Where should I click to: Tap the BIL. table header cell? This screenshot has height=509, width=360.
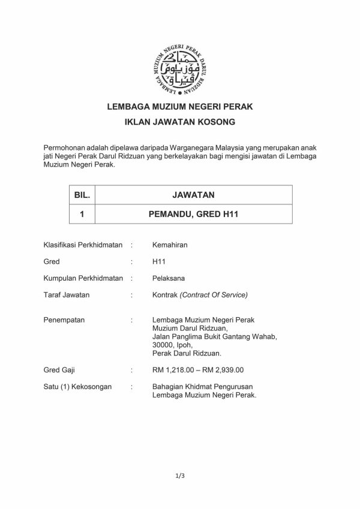click(80, 195)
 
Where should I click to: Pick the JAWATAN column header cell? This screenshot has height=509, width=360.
click(193, 195)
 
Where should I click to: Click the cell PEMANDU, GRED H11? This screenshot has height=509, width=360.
click(193, 213)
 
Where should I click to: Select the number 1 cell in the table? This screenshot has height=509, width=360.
click(80, 213)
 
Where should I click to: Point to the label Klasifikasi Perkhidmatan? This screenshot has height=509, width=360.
click(83, 245)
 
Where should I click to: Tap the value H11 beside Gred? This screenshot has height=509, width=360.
click(159, 262)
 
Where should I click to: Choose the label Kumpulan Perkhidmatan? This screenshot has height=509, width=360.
click(83, 278)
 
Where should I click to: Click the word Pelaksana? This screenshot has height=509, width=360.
click(170, 278)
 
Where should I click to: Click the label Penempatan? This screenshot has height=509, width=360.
click(64, 320)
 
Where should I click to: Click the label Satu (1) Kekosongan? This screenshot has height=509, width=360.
click(77, 387)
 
